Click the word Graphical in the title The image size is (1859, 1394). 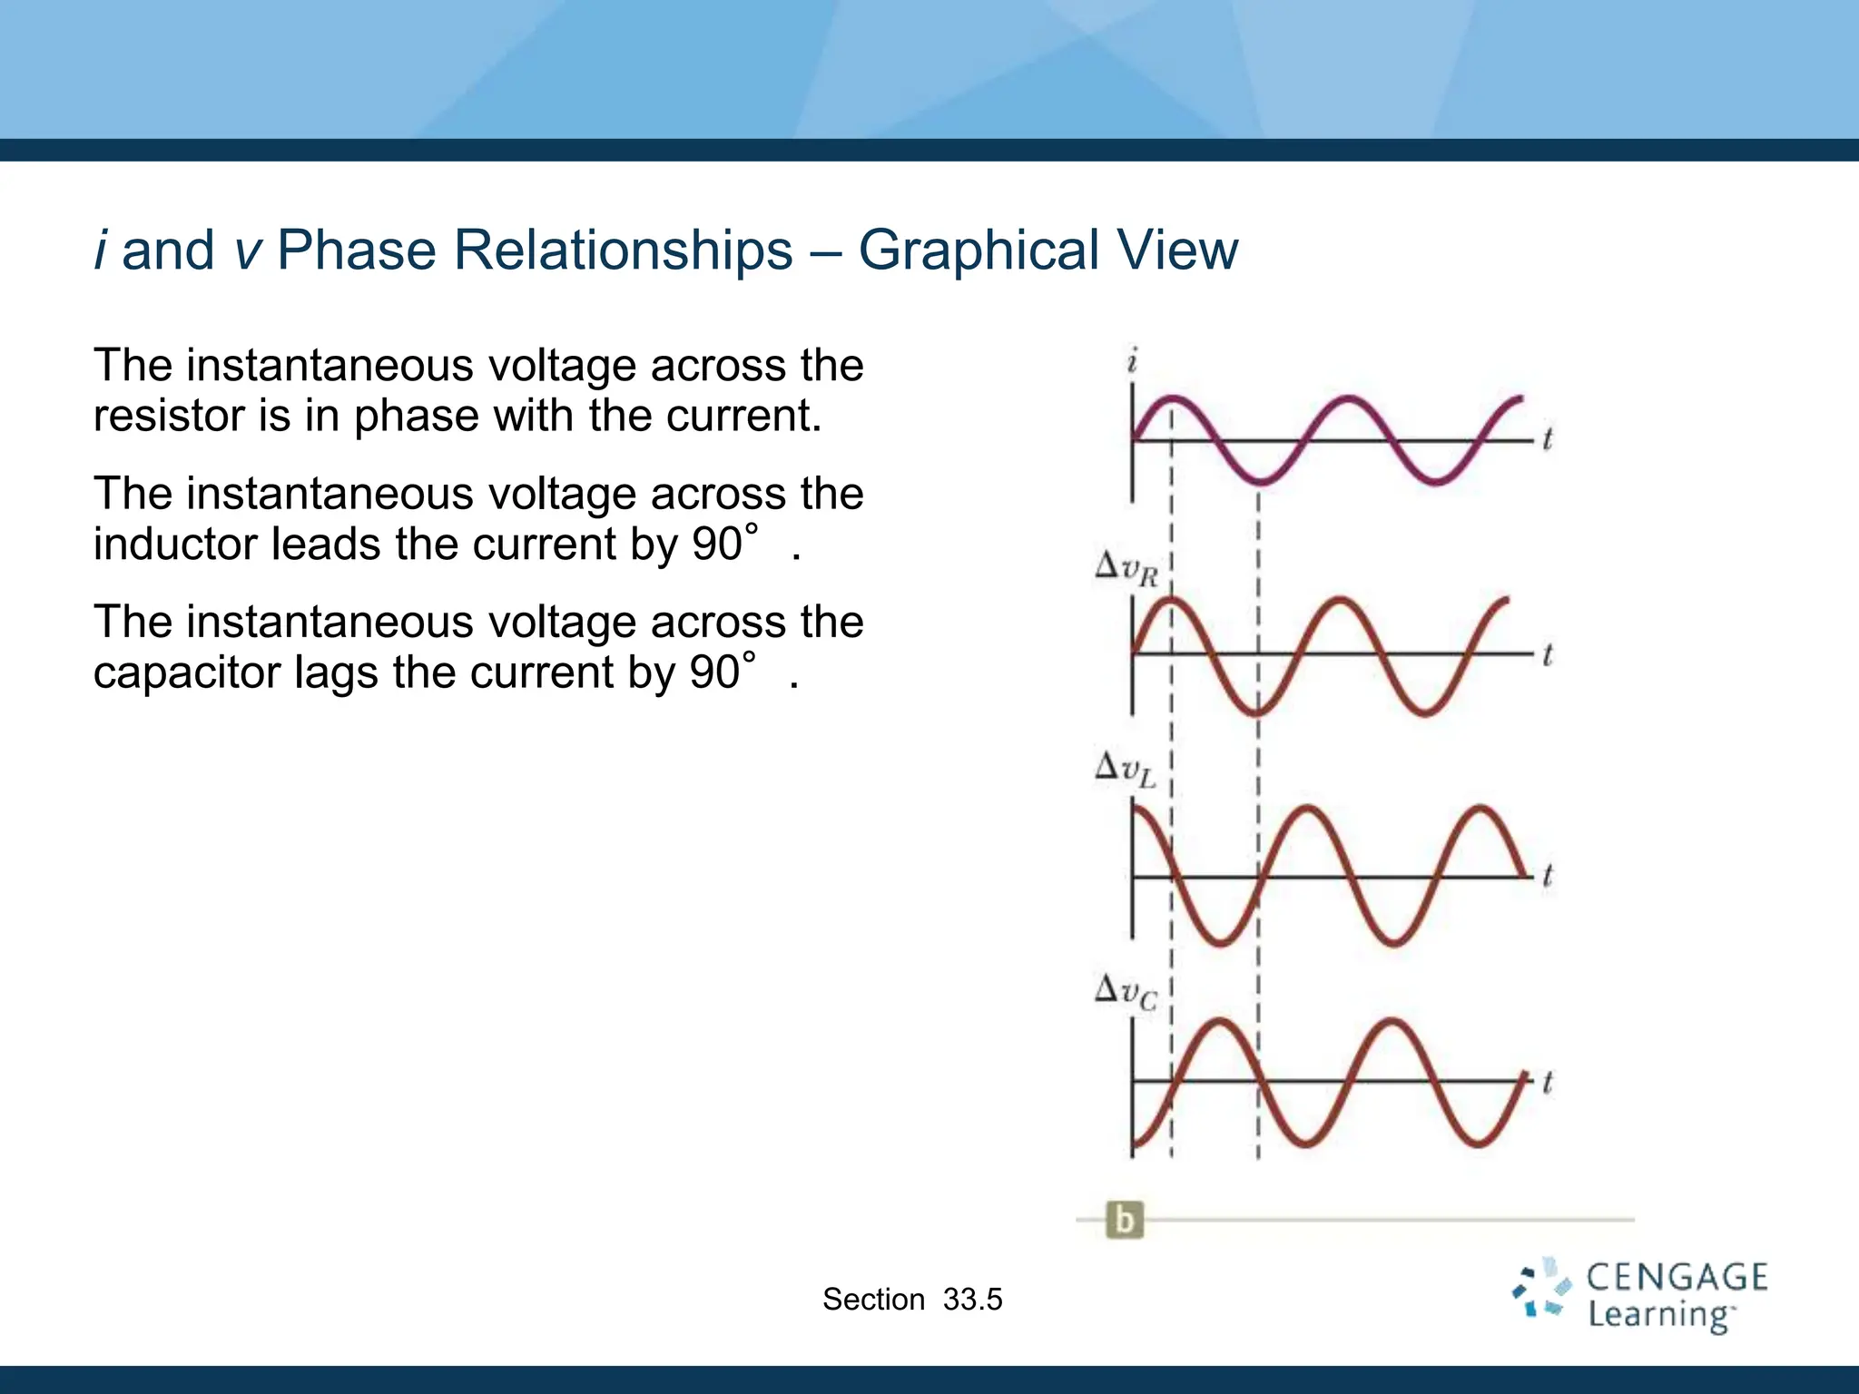[x=978, y=250]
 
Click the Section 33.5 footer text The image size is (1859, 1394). [x=912, y=1300]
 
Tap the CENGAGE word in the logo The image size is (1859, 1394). [x=1677, y=1277]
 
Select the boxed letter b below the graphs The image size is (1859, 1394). [x=1125, y=1220]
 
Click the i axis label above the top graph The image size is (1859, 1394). [x=1132, y=362]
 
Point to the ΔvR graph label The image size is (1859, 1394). [x=1126, y=570]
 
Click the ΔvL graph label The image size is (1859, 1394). [x=1126, y=771]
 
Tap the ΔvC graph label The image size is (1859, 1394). [x=1126, y=991]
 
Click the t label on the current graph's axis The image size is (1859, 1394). [x=1548, y=439]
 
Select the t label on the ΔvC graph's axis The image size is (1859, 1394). [x=1548, y=1082]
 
